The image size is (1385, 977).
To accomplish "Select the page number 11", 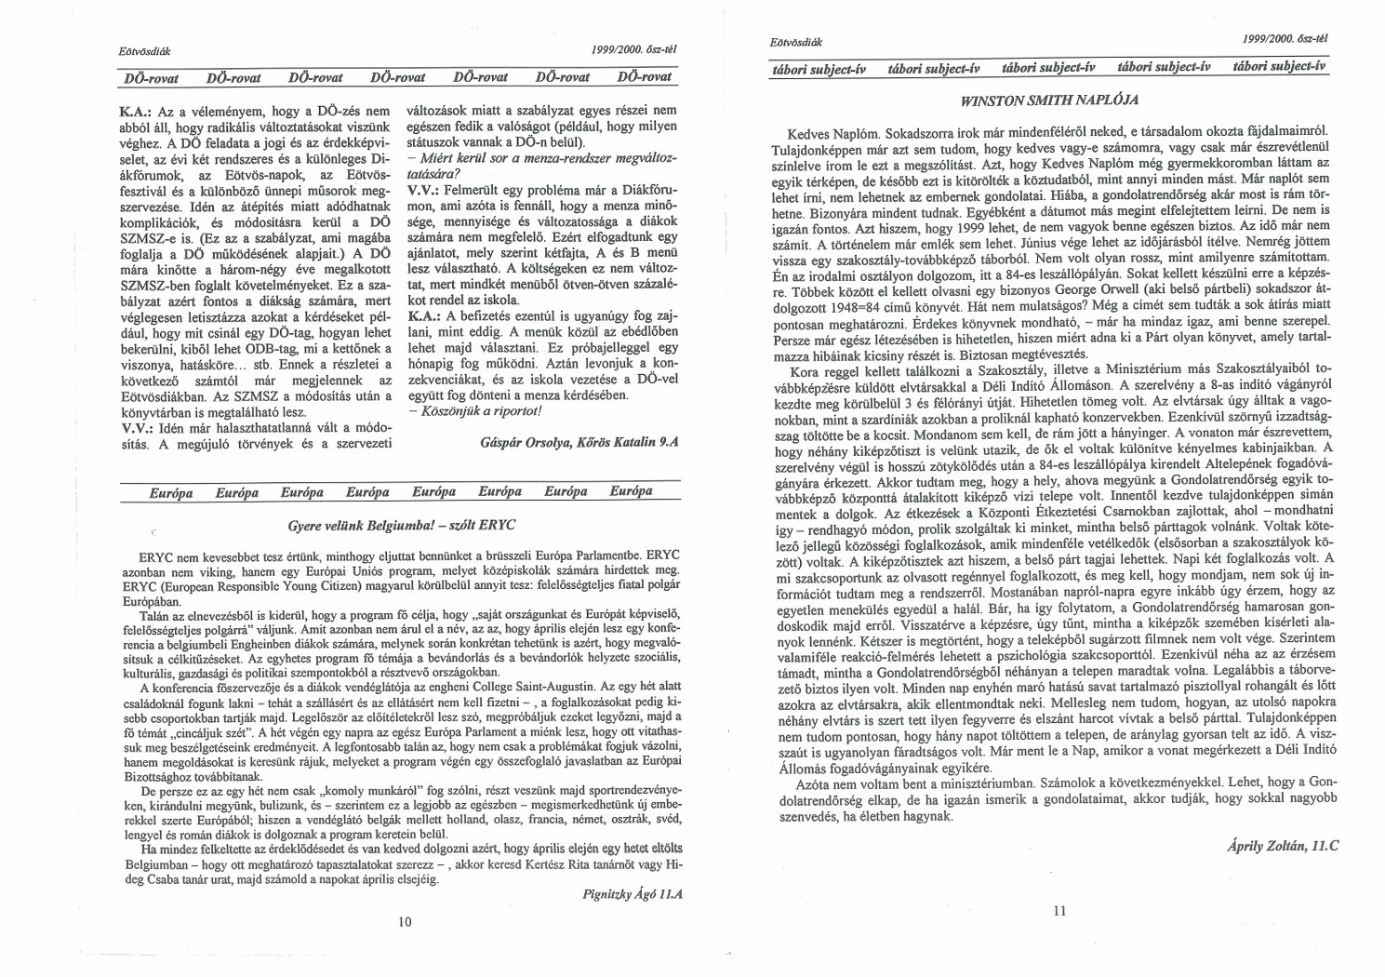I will point(1059,911).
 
